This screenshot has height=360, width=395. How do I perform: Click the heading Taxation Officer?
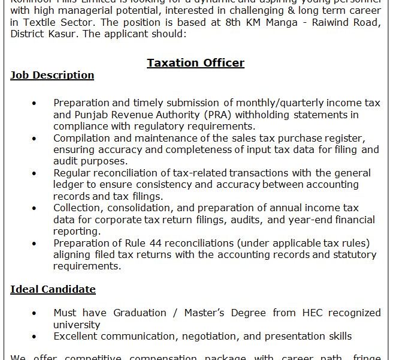click(x=195, y=63)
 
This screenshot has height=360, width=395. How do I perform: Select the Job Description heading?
click(x=52, y=76)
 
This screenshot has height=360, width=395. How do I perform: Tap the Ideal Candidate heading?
click(x=53, y=289)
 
